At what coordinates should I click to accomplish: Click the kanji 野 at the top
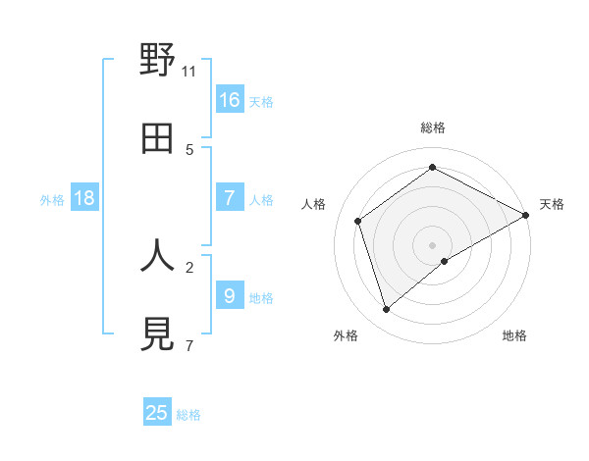point(157,61)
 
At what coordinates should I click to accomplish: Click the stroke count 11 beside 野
point(189,72)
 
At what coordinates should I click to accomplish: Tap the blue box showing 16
point(230,99)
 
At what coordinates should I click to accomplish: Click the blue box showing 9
point(230,295)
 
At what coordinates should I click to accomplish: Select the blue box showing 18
point(84,198)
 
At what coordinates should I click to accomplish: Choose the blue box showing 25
point(157,413)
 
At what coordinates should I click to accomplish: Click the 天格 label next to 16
point(260,101)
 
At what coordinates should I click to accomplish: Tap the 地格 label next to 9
point(260,297)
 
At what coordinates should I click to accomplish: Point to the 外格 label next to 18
point(52,200)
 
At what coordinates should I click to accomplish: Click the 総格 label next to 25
point(188,415)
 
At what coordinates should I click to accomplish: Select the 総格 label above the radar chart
point(433,128)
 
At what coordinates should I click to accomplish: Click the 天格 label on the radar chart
point(553,204)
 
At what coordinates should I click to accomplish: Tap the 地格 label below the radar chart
point(514,335)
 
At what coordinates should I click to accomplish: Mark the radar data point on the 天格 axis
point(526,215)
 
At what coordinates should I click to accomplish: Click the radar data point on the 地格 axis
point(445,261)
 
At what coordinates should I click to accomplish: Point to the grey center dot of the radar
point(433,244)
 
